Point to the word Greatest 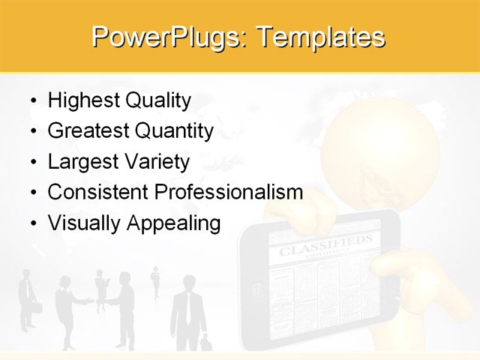tap(88, 131)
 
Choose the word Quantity tap(174, 131)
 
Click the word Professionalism tap(228, 193)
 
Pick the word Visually tap(83, 223)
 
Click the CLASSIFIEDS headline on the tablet tap(325, 245)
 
